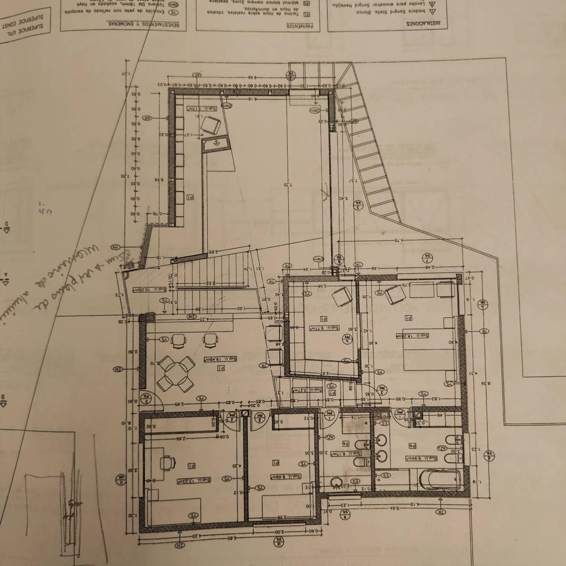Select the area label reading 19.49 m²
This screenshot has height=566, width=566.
[220, 359]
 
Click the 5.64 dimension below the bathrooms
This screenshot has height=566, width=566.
[395, 508]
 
